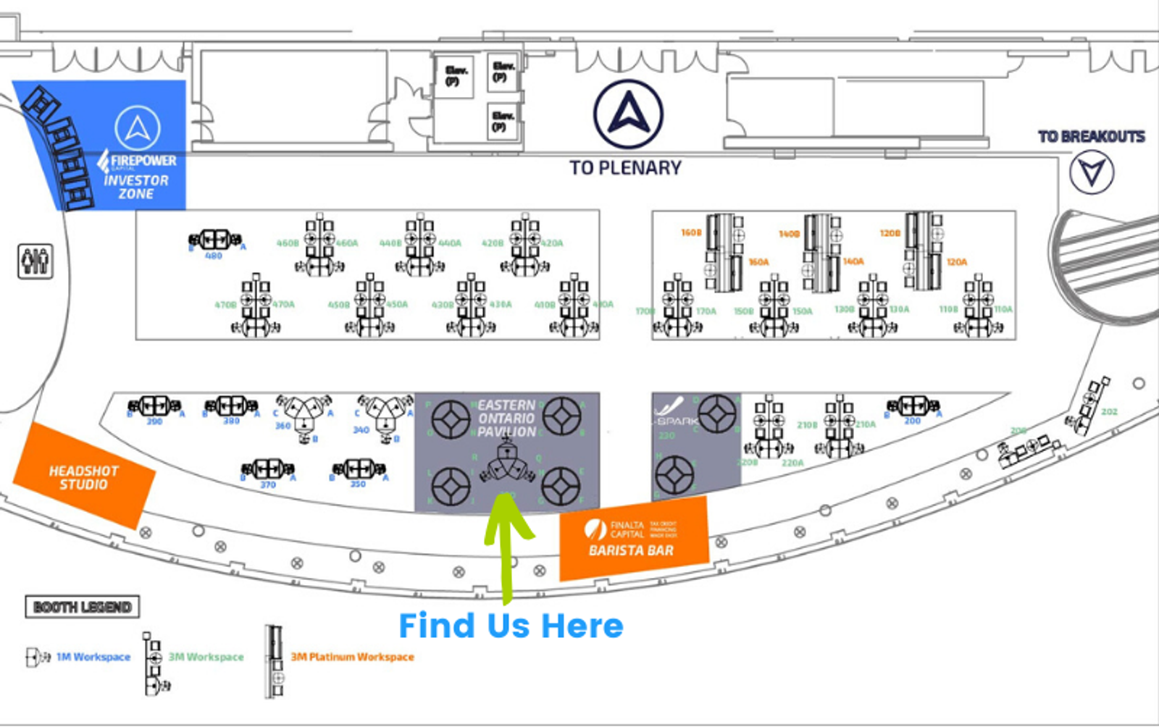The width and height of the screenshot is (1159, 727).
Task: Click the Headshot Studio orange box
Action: click(83, 477)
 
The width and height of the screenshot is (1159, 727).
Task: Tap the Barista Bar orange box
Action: click(632, 539)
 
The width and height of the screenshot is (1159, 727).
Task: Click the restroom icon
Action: click(35, 261)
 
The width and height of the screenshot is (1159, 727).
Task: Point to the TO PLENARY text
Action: click(625, 168)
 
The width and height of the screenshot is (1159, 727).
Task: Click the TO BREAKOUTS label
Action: click(1091, 137)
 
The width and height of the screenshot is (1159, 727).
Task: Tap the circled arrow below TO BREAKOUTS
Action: click(1092, 172)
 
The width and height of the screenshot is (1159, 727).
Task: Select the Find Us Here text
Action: click(511, 626)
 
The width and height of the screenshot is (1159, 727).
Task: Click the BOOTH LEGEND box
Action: click(82, 607)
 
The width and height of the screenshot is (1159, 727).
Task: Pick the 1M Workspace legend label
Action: click(93, 657)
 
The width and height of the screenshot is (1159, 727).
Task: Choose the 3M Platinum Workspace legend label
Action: click(352, 657)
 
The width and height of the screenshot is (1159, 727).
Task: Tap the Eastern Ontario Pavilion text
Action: click(506, 419)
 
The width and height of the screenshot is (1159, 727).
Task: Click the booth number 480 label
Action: click(214, 256)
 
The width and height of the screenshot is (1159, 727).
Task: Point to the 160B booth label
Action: click(691, 233)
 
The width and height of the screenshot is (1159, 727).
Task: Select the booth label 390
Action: click(154, 421)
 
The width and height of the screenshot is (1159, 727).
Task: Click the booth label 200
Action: click(912, 421)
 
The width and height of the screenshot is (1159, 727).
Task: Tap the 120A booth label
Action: click(956, 262)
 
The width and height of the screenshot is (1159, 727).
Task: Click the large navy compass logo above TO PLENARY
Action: click(628, 114)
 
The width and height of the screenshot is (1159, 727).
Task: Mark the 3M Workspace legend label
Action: click(206, 657)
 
